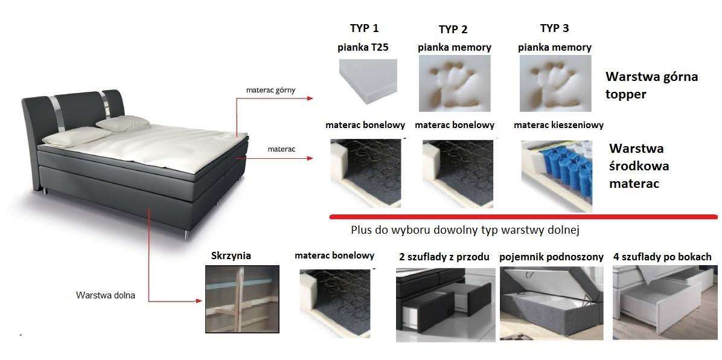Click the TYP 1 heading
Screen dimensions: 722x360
point(364,28)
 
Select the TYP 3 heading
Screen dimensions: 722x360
point(554,28)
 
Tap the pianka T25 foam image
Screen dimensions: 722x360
point(368,81)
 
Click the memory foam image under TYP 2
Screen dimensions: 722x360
point(455,83)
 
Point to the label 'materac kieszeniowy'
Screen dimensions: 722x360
point(558,125)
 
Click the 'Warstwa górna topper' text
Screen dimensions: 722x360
point(651,85)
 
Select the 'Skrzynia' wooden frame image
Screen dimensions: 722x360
point(242,299)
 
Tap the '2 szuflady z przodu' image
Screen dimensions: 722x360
point(446,304)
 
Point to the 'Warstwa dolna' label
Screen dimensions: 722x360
point(106,295)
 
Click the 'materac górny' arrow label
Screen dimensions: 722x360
point(270,90)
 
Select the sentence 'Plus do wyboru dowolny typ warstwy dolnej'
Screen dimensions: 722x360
point(465,230)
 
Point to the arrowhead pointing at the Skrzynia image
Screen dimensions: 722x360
point(199,301)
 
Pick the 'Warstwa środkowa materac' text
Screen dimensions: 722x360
point(639,166)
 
